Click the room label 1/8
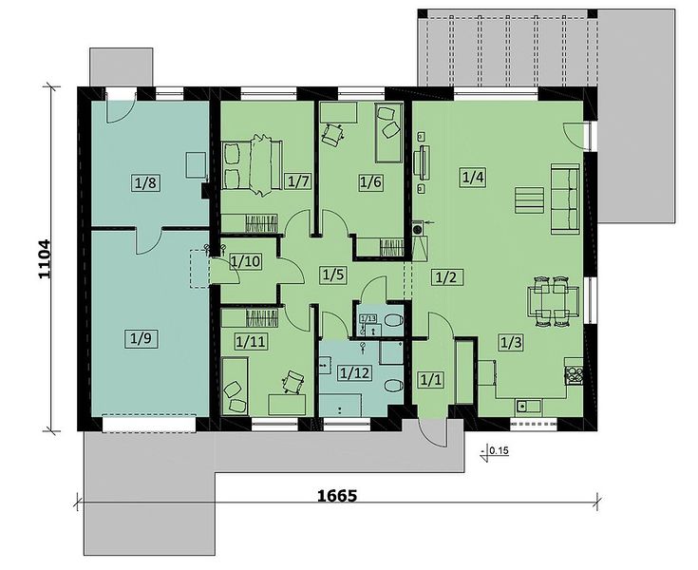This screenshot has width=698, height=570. (146, 182)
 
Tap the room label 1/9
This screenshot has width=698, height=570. (141, 339)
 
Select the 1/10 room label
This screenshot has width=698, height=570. (245, 261)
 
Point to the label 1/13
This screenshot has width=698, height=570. (368, 318)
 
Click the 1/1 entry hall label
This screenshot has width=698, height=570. (430, 380)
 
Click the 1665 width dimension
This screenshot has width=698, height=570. (337, 495)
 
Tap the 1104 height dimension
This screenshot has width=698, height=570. (45, 259)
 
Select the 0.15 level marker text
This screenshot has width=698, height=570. (499, 450)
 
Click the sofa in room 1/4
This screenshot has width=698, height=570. (566, 199)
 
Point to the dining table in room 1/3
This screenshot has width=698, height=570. (553, 301)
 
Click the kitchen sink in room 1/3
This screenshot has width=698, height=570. (528, 407)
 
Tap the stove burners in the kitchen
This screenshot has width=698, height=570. (574, 375)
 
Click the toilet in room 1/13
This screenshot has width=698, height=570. (393, 320)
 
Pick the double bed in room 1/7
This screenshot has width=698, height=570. (252, 164)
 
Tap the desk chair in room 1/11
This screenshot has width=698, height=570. (292, 382)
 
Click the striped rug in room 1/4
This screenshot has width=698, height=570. (529, 200)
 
